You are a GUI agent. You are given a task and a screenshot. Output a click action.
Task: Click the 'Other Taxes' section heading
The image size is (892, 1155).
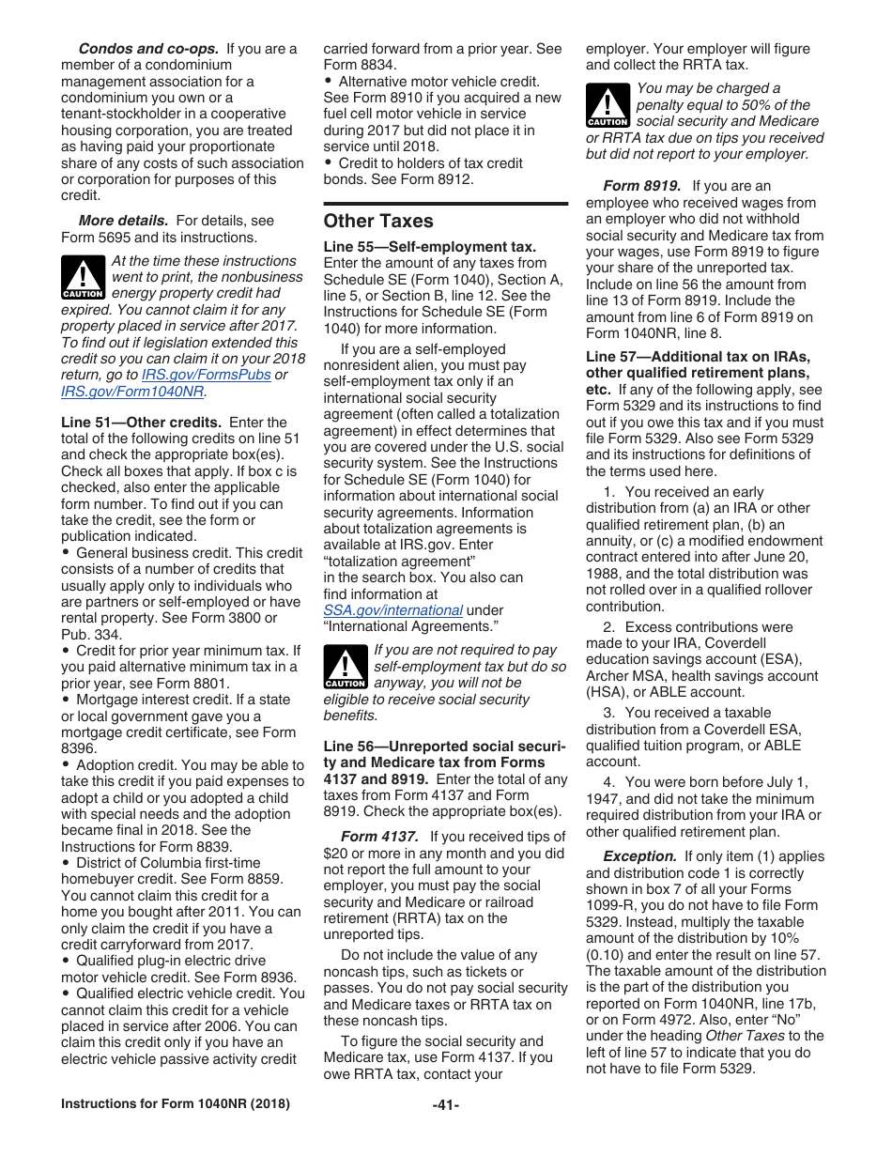[378, 222]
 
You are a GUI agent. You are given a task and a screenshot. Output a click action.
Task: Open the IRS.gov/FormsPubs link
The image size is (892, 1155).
[206, 376]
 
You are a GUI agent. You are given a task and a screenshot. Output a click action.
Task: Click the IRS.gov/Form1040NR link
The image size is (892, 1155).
[132, 392]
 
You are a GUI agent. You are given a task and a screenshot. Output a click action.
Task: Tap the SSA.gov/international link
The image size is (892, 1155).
[392, 610]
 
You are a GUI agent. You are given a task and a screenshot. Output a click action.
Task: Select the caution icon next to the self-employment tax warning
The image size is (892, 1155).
[345, 668]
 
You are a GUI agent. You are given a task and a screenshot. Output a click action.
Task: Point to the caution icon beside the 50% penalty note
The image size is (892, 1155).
[607, 106]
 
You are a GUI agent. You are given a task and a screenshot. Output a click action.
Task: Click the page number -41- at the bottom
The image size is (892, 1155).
[445, 1105]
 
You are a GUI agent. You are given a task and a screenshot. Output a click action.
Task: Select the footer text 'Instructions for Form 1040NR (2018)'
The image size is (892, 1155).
[176, 1104]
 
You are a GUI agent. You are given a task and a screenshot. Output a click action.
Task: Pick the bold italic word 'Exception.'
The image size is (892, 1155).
[639, 856]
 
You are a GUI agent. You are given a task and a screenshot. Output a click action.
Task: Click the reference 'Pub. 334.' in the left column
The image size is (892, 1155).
[90, 634]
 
